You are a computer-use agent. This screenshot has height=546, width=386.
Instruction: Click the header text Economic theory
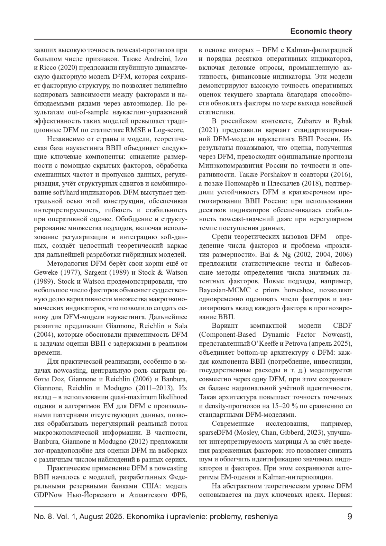[x=321, y=32]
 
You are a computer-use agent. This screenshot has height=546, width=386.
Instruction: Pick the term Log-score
[x=169, y=130]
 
